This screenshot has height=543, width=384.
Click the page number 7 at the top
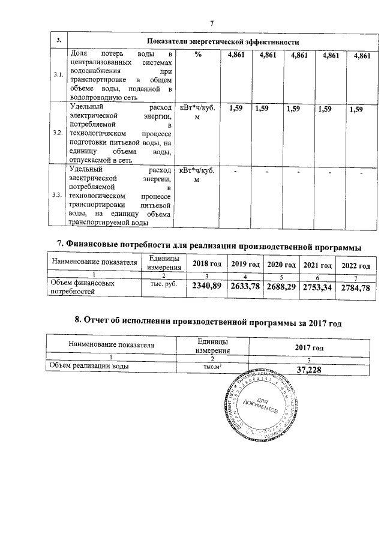click(x=211, y=23)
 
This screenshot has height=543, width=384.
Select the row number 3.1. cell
click(x=58, y=75)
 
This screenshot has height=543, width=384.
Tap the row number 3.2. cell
click(x=58, y=133)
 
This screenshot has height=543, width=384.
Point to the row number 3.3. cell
click(x=58, y=196)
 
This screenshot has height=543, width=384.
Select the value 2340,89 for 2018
click(x=207, y=287)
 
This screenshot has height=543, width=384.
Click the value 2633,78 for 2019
click(x=245, y=287)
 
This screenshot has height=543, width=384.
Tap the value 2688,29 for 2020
click(x=281, y=287)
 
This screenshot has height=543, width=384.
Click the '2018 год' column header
click(x=207, y=265)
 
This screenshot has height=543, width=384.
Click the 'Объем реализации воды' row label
click(x=91, y=367)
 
